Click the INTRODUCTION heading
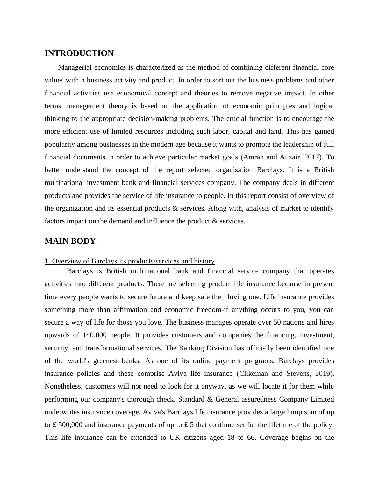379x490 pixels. pyautogui.click(x=79, y=53)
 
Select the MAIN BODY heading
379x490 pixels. pyautogui.click(x=70, y=241)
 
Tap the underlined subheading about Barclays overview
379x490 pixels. pyautogui.click(x=129, y=261)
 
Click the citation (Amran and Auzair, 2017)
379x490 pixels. pyautogui.click(x=282, y=157)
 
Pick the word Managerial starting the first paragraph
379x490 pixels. pyautogui.click(x=75, y=67)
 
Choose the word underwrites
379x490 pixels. pyautogui.click(x=62, y=412)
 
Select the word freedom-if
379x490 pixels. pyautogui.click(x=211, y=310)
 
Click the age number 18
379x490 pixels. pyautogui.click(x=231, y=437)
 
